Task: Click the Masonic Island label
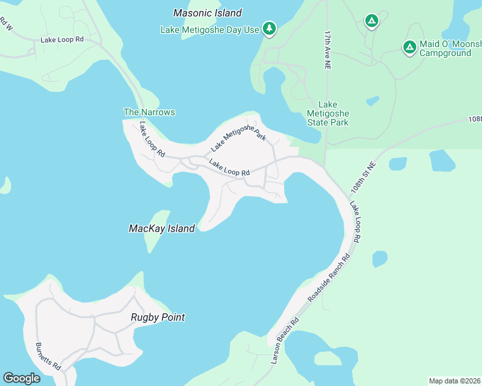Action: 207,13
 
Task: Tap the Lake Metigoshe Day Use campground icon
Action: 269,29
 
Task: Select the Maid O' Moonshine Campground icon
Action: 409,47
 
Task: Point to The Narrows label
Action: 149,112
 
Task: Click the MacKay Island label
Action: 162,228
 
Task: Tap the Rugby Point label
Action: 158,317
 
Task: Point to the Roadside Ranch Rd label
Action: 329,279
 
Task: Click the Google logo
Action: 21,378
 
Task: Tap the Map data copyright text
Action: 455,381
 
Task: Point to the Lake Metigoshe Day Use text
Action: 210,30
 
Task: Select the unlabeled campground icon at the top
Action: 371,21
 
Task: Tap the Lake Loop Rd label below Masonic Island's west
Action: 63,39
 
